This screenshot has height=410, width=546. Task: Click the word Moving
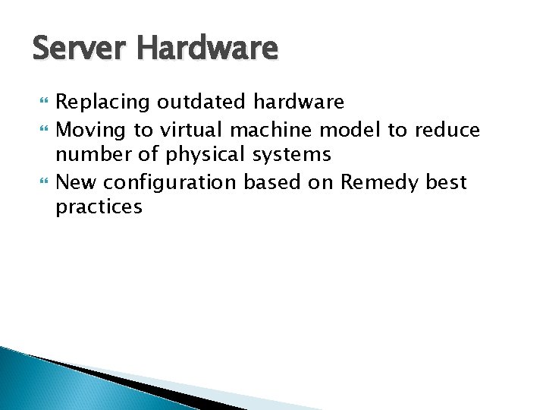tap(90, 131)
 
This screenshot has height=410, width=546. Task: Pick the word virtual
tap(188, 131)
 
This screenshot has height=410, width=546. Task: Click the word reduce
tap(447, 131)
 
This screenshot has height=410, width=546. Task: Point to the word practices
tap(99, 207)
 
